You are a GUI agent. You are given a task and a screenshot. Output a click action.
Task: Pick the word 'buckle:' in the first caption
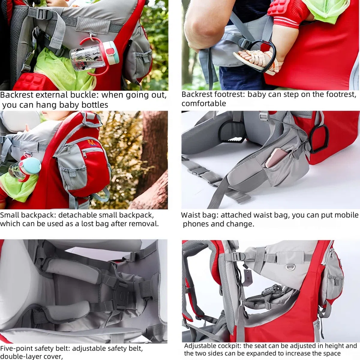(x=85, y=95)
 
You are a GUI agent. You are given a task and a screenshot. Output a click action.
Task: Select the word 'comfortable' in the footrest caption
(x=204, y=103)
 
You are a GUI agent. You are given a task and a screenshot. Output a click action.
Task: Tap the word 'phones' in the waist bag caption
(x=195, y=224)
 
